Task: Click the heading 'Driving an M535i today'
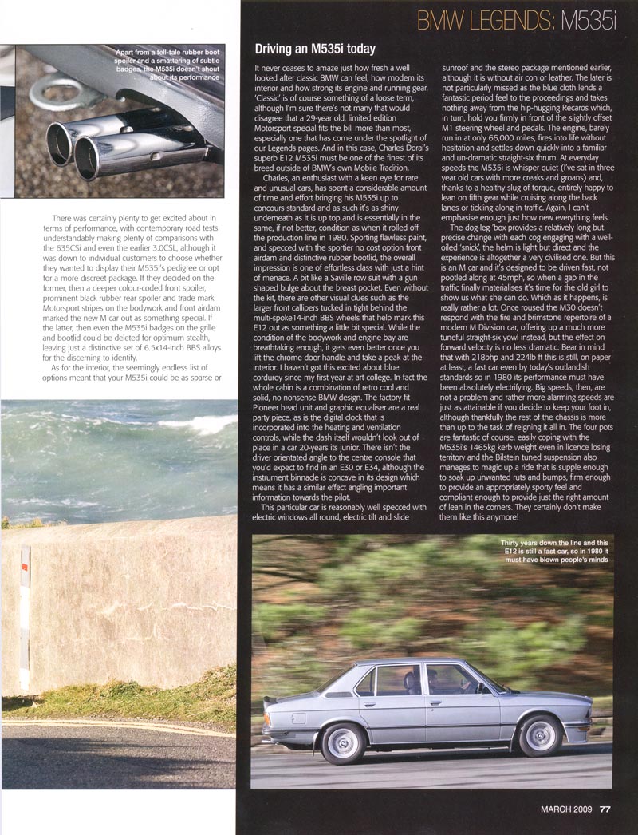click(x=321, y=47)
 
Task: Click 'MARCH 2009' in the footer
click(x=565, y=813)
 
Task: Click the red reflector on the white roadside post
click(x=26, y=568)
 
